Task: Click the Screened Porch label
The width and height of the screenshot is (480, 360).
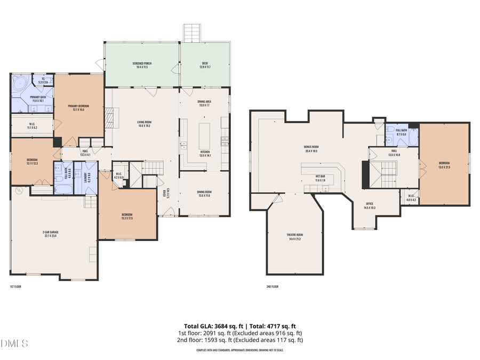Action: click(142, 65)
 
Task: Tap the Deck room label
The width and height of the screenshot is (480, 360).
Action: click(205, 65)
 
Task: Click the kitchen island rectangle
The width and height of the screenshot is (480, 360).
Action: click(205, 136)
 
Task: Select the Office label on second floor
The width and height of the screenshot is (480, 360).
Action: click(370, 205)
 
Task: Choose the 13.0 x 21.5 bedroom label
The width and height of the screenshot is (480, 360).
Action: click(444, 165)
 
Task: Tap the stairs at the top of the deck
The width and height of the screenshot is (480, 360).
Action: click(191, 33)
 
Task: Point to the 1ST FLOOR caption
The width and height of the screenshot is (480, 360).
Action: click(16, 286)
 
